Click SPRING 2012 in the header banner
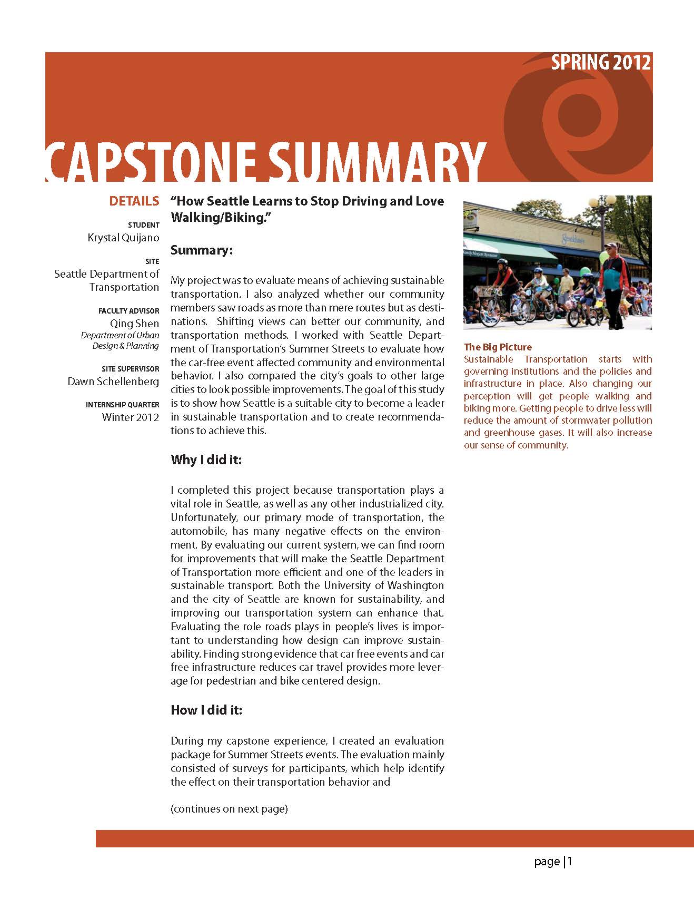point(601,63)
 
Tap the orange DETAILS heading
point(134,201)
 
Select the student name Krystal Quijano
point(123,238)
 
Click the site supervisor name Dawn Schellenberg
point(113,381)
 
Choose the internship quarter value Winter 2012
point(131,417)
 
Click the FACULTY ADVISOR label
point(128,311)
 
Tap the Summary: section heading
point(202,250)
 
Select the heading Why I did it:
point(206,460)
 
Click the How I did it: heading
point(206,710)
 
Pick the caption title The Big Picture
point(498,347)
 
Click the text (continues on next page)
point(229,809)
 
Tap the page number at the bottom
point(553,862)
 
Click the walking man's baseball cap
point(611,246)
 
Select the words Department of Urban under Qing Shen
point(120,335)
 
